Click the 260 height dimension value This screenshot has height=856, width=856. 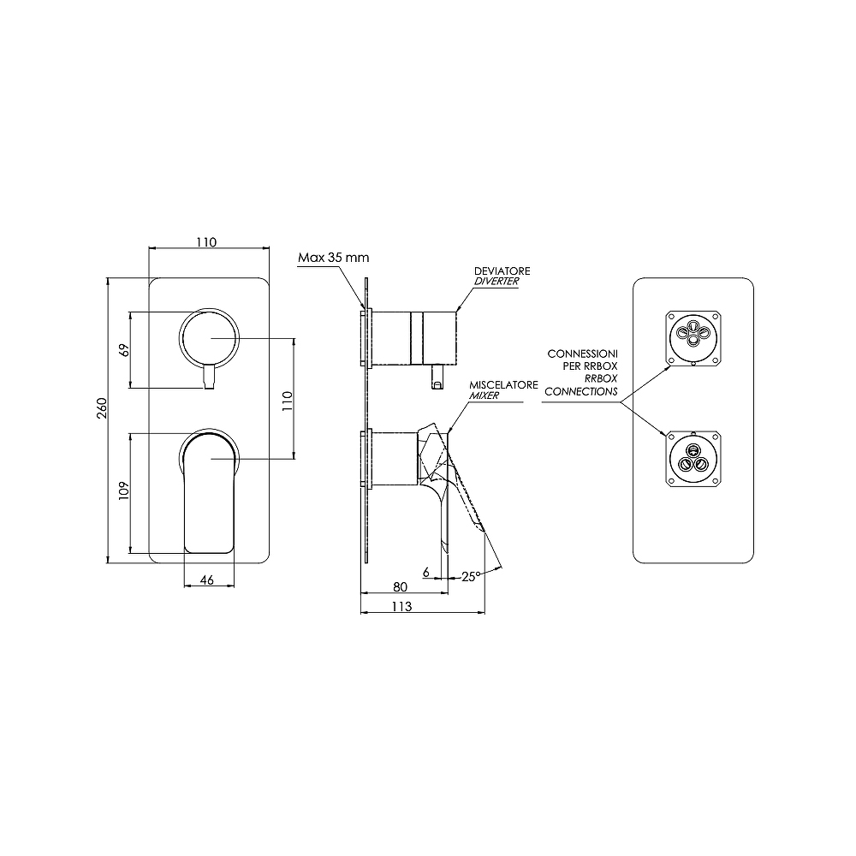102,407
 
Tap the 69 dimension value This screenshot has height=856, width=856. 124,350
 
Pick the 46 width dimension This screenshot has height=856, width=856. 207,580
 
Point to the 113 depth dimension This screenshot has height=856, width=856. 401,607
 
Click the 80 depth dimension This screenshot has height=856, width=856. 400,587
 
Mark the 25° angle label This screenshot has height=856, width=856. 471,576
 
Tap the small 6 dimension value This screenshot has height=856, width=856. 426,572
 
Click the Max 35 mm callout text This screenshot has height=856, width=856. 334,257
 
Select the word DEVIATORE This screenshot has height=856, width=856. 502,270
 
